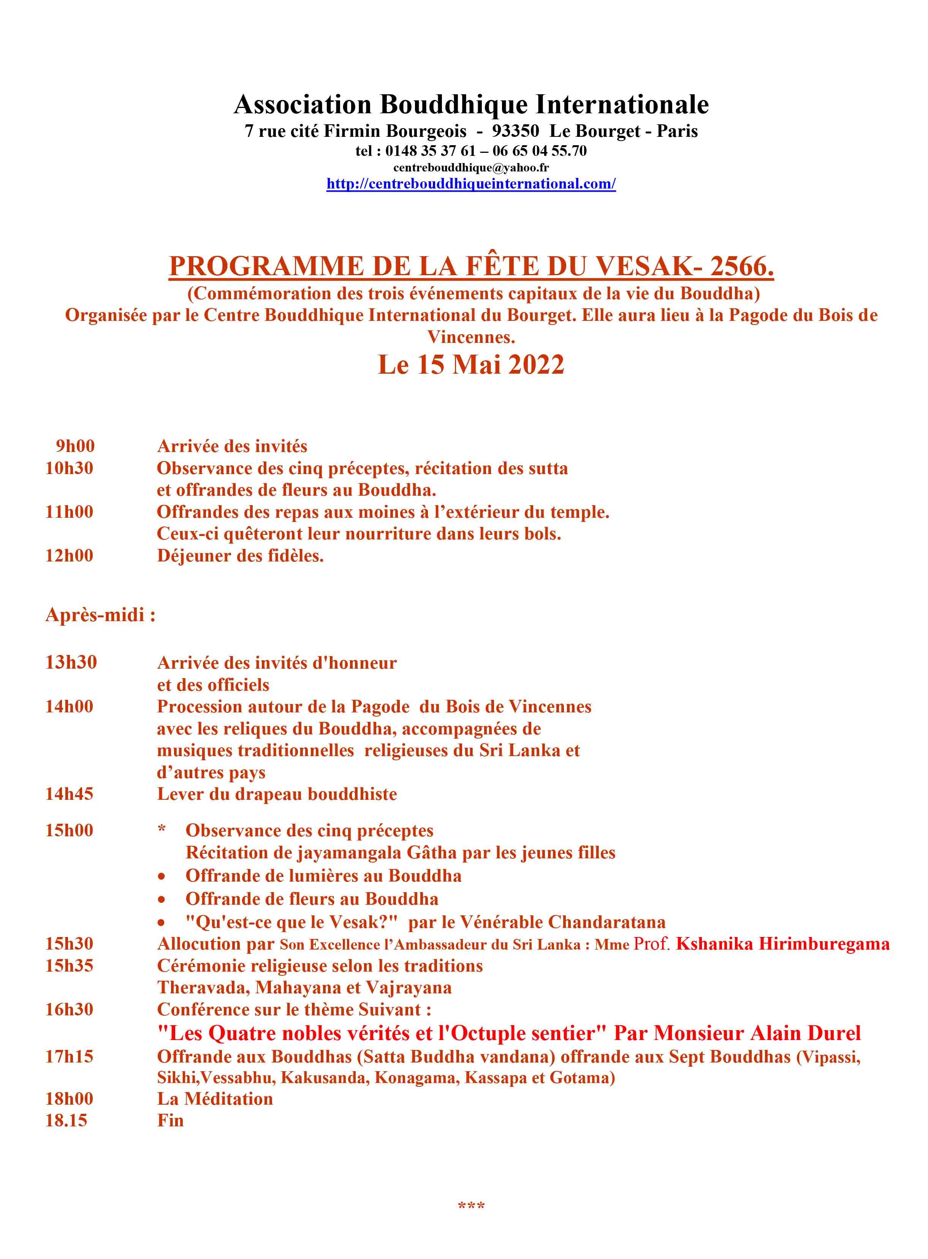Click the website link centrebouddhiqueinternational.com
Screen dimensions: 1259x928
click(471, 184)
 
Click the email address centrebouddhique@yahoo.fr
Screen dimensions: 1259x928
click(471, 167)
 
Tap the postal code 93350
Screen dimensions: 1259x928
click(515, 131)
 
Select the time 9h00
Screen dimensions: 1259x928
click(75, 446)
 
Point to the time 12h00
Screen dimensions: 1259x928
click(69, 556)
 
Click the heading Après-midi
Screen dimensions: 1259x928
click(100, 615)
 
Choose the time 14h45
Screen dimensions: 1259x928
click(69, 794)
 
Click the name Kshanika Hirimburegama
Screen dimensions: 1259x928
click(782, 944)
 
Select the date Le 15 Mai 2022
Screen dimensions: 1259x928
click(471, 365)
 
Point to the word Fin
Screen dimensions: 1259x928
click(170, 1120)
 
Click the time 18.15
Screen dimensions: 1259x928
click(66, 1120)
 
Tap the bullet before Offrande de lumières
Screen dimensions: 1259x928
click(162, 877)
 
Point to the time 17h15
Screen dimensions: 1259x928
click(69, 1057)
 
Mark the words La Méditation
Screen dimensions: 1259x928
click(215, 1099)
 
